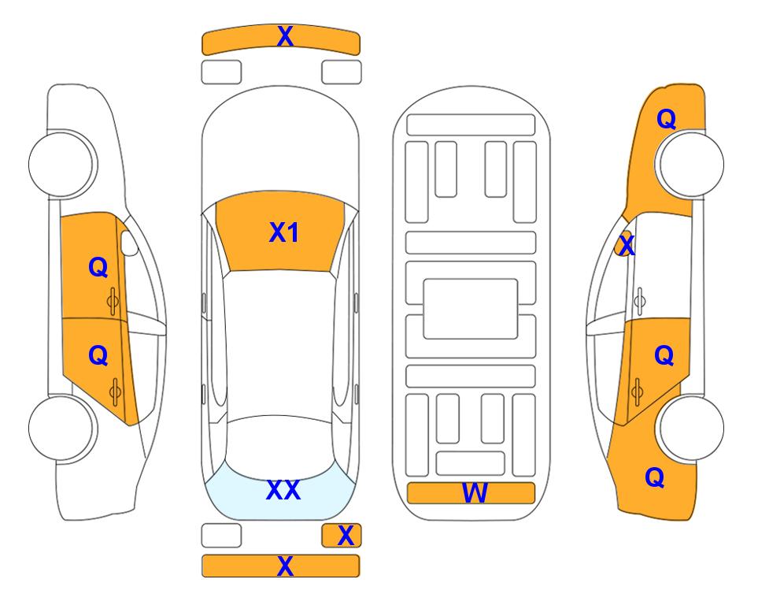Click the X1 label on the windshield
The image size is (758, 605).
[284, 232]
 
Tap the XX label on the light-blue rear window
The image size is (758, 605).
[283, 490]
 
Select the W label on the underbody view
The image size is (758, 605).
[474, 493]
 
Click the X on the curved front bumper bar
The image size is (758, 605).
[285, 36]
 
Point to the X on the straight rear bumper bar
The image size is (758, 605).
[285, 566]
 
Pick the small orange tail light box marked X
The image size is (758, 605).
[342, 536]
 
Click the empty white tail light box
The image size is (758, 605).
[221, 536]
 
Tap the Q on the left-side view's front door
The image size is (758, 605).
[98, 267]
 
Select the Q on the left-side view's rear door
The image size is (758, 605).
[98, 356]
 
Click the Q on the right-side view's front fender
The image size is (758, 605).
[666, 119]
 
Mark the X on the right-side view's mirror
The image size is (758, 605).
[627, 244]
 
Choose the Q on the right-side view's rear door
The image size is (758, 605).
[664, 356]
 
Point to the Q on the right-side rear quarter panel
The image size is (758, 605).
[655, 477]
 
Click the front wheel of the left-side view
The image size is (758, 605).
[61, 164]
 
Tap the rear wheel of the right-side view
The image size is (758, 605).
[691, 428]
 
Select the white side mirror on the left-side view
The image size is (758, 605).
[129, 243]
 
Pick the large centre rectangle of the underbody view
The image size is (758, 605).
[471, 309]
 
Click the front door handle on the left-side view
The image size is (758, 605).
[113, 301]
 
